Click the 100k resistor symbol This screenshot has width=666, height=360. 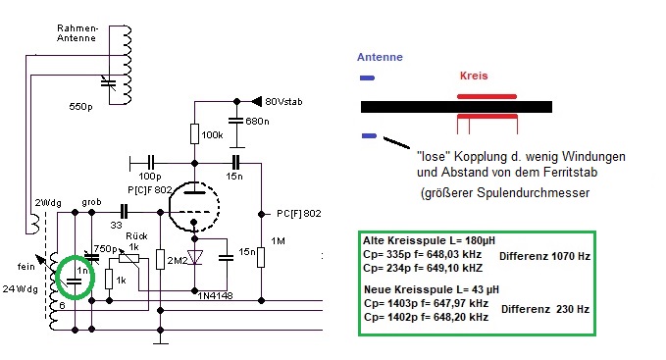point(194,133)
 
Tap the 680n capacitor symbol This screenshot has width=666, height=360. point(236,121)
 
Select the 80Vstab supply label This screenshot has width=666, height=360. point(283,101)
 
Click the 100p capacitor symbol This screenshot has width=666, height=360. point(151,163)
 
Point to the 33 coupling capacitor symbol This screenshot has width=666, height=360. point(124,212)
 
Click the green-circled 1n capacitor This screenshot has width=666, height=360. point(75,282)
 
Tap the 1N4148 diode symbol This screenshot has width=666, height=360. point(195,257)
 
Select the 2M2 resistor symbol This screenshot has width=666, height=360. point(160,259)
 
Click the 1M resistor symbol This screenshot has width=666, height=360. point(261,257)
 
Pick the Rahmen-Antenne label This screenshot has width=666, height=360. point(77,33)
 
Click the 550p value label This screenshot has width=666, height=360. point(80,107)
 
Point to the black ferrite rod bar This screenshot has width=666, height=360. point(456,107)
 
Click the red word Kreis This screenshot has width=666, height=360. point(474,76)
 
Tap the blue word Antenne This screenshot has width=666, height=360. point(380,57)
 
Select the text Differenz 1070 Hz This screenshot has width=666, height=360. point(544,256)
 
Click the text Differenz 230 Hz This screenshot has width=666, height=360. point(545,309)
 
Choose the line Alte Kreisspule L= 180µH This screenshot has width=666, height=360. point(429,240)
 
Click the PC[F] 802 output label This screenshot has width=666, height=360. point(298,214)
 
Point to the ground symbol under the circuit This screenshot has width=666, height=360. point(160,341)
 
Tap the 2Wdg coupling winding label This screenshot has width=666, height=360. point(47,203)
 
